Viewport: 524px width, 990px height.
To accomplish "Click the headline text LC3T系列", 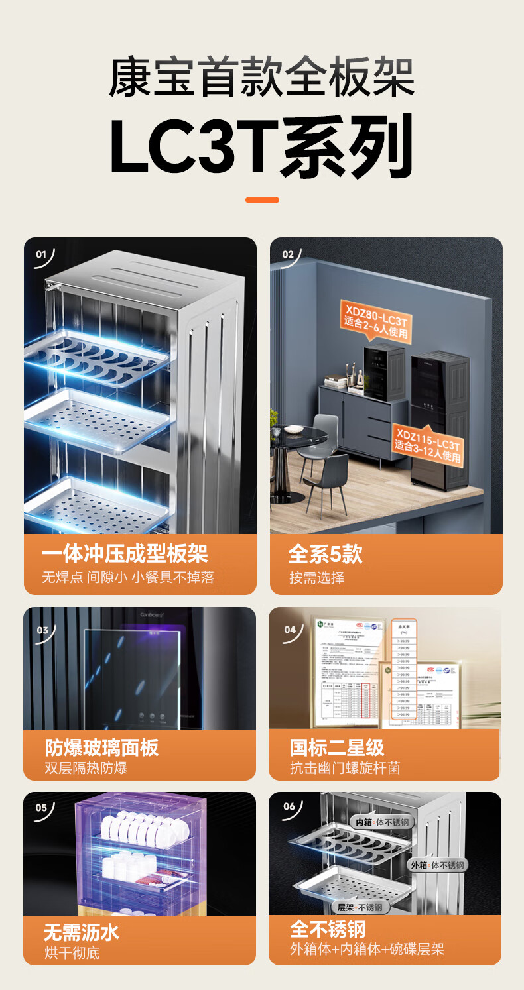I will click(x=261, y=147).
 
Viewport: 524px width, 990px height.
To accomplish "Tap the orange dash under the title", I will click(x=262, y=199).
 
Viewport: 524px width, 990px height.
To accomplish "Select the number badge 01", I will click(x=41, y=254).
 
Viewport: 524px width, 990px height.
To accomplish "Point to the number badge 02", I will click(x=288, y=254).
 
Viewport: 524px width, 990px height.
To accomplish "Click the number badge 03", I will click(x=42, y=630).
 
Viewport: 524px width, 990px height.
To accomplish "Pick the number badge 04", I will click(x=290, y=630).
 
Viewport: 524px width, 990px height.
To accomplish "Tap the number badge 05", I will click(x=41, y=808).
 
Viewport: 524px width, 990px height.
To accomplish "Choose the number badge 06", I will click(x=289, y=806).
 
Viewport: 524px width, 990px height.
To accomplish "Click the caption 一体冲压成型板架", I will click(x=125, y=554).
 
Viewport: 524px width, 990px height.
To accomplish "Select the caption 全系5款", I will click(x=325, y=554).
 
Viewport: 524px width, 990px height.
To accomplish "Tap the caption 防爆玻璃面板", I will click(x=101, y=747).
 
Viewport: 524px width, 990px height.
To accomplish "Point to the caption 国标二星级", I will click(x=337, y=747).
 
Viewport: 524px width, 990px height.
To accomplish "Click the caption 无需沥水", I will click(x=81, y=932).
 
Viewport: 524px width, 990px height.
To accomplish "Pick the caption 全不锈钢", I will click(x=328, y=928).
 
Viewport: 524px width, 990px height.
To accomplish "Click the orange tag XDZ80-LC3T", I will click(x=375, y=320).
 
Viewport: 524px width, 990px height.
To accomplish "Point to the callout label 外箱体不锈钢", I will click(x=438, y=865).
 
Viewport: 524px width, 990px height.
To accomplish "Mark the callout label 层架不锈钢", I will click(x=360, y=907).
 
